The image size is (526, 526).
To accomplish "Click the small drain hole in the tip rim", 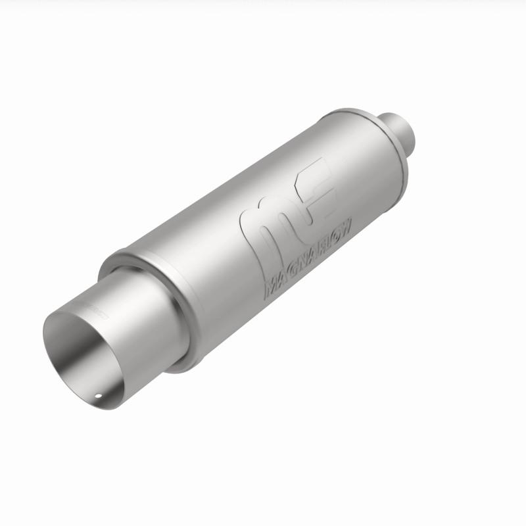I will (97, 396).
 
